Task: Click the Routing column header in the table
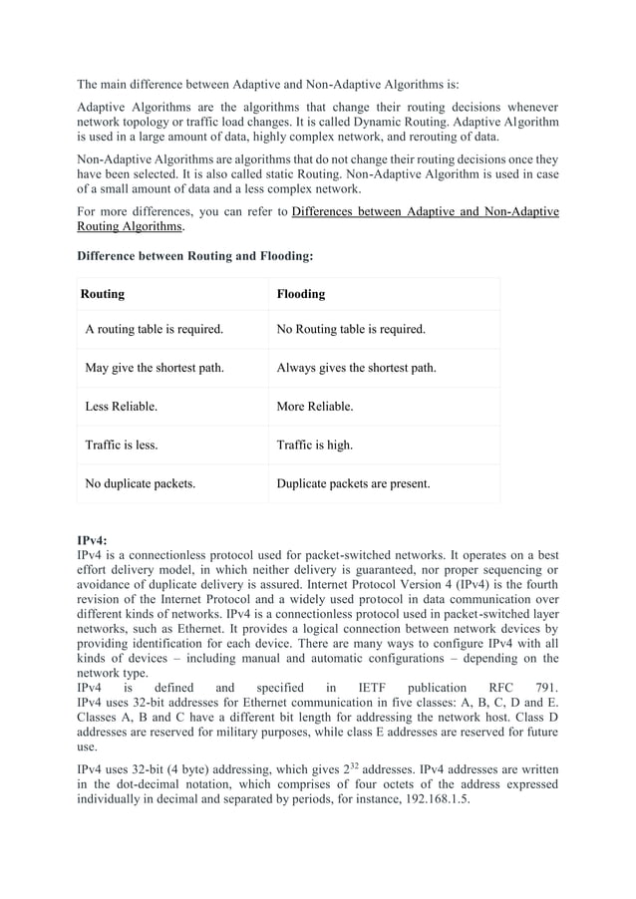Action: [102, 294]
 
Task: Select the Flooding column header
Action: [300, 294]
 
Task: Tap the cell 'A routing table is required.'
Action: [155, 328]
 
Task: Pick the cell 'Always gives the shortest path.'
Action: [356, 368]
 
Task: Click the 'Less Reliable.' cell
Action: [122, 407]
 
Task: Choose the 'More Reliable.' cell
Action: [314, 407]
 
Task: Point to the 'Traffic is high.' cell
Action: [314, 446]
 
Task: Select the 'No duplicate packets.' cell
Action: [141, 484]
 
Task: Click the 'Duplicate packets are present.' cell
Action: [353, 484]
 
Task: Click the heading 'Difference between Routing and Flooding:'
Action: [195, 256]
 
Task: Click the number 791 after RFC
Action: [545, 688]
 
